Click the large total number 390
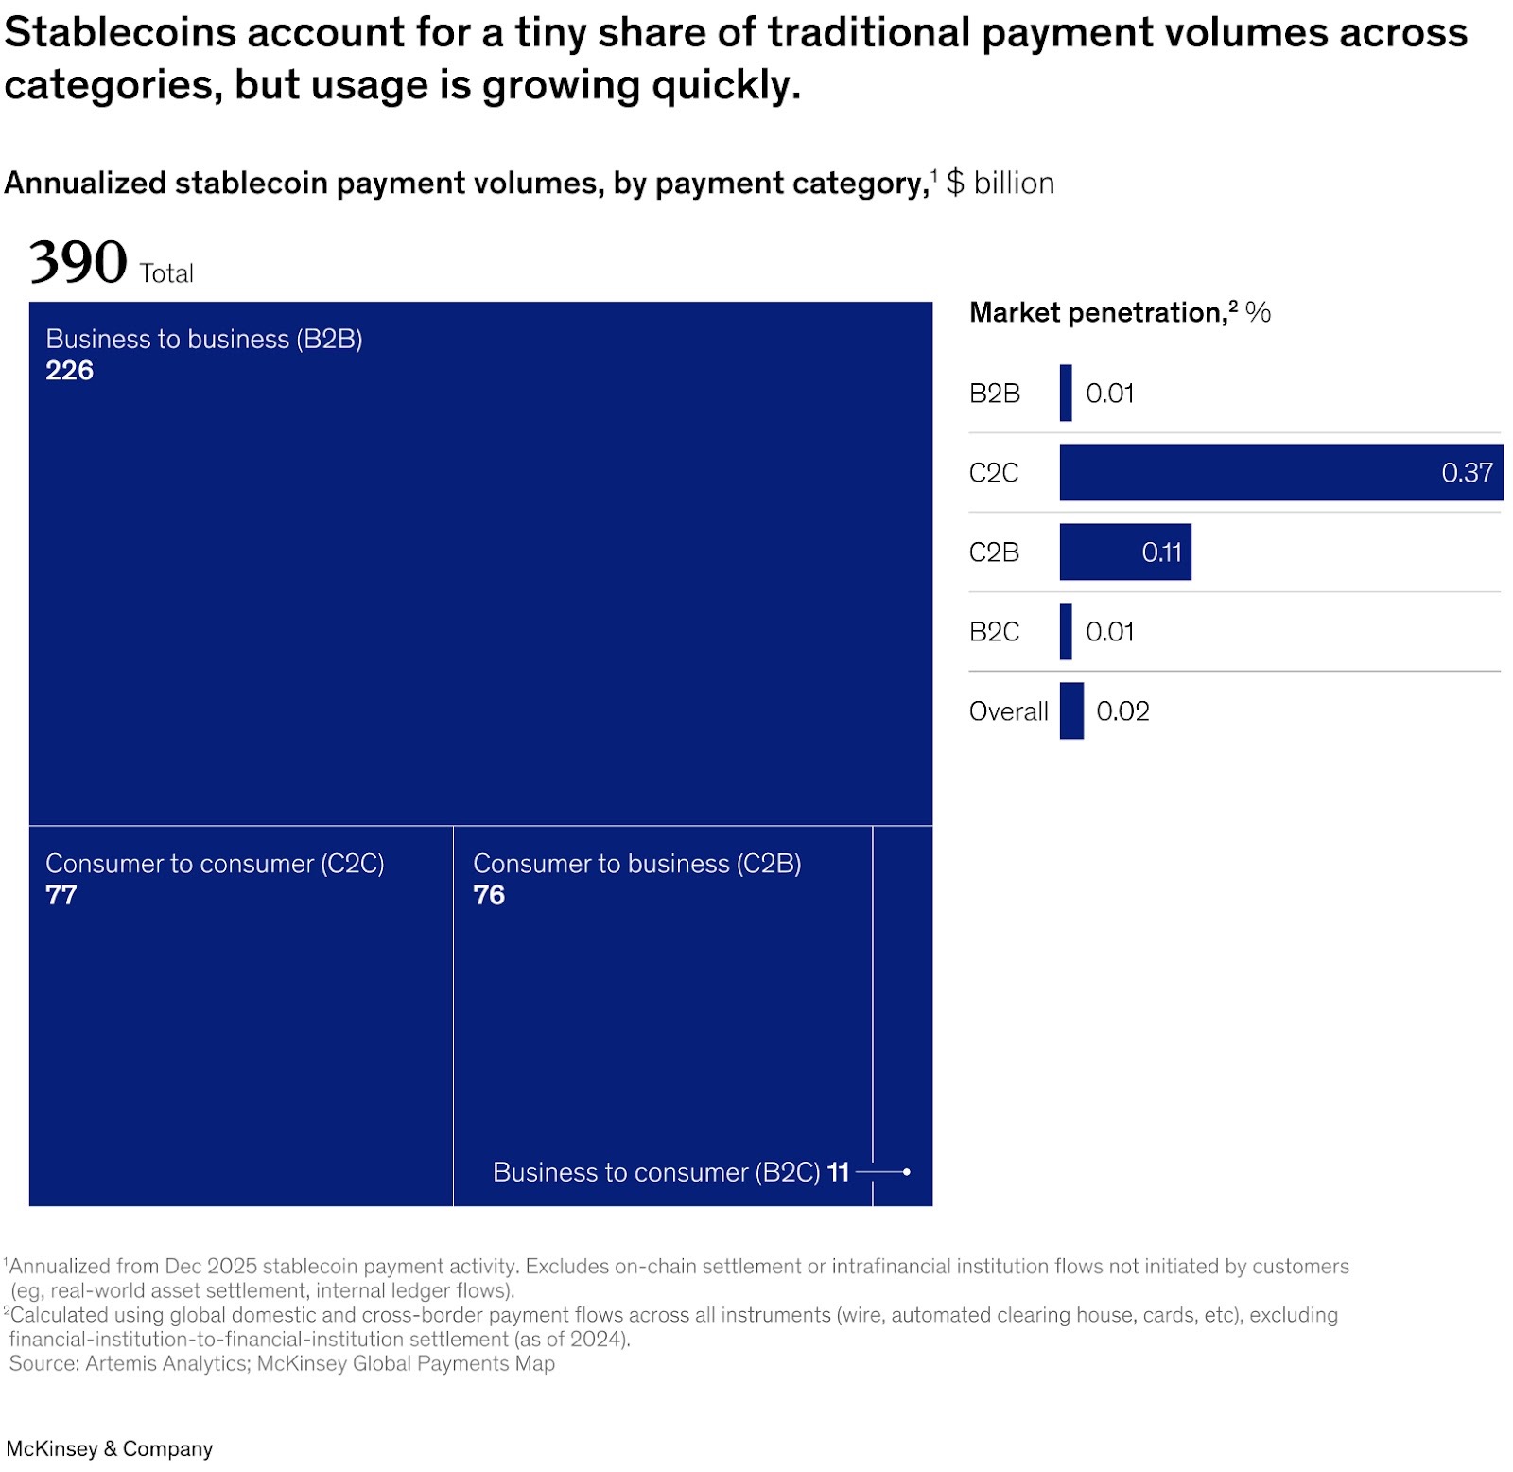tap(78, 262)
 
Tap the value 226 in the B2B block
tap(70, 370)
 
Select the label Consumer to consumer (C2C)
tap(215, 863)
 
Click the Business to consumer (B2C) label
tap(656, 1172)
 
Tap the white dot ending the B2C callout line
tap(906, 1172)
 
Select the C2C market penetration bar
tap(1280, 472)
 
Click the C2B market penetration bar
tap(1124, 552)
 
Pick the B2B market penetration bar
tap(1066, 393)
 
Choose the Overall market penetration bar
tap(1071, 710)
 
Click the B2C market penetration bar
tap(1066, 631)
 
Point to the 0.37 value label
tap(1467, 472)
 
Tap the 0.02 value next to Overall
tap(1122, 710)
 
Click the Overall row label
tap(1008, 710)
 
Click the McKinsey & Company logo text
tap(110, 1448)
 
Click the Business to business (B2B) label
tap(204, 339)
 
